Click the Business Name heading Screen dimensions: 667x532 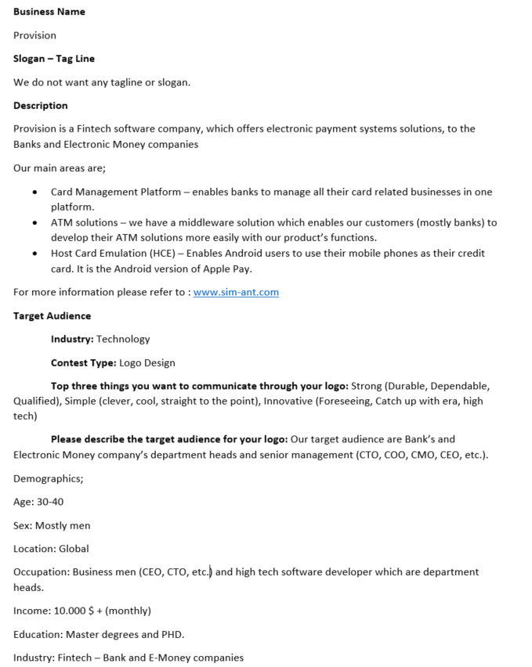coord(49,12)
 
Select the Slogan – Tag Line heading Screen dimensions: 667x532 coord(54,59)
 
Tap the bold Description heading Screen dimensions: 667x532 coord(41,106)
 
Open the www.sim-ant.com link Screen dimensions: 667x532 coord(236,293)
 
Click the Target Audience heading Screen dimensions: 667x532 coord(52,316)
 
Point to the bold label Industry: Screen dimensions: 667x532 coord(72,340)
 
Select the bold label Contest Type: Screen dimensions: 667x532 coord(83,363)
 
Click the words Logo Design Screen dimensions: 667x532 coord(147,363)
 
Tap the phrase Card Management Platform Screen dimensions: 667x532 coord(115,192)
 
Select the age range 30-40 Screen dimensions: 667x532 coord(50,502)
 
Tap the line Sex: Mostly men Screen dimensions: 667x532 coord(52,525)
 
